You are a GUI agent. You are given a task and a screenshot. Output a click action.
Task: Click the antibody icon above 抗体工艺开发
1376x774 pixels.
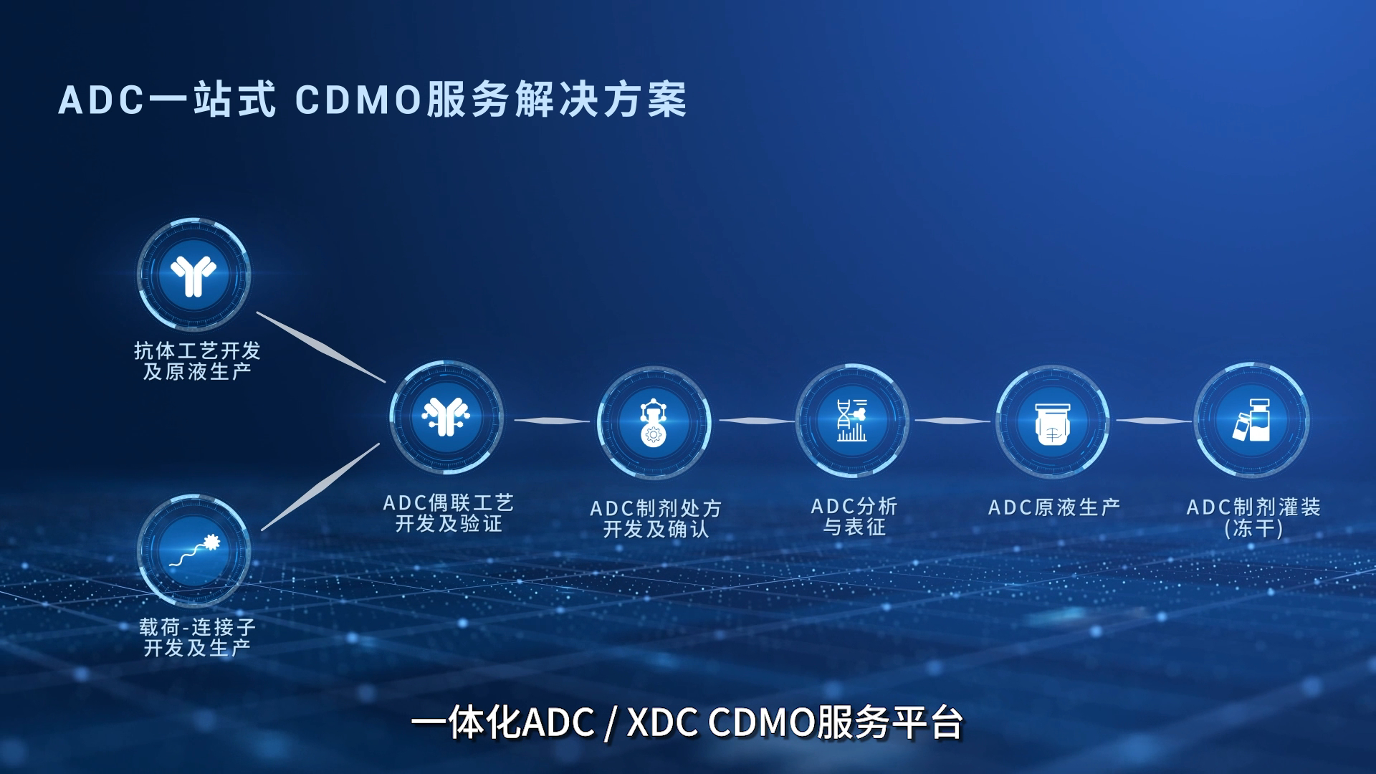193,275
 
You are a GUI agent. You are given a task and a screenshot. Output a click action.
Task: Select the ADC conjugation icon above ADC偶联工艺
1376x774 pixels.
446,417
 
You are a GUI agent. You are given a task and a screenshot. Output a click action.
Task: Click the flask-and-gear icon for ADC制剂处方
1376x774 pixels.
653,423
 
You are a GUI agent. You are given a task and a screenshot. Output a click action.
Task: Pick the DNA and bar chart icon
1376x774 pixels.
852,421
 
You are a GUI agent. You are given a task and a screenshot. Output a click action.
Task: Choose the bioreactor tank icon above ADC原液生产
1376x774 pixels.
1052,422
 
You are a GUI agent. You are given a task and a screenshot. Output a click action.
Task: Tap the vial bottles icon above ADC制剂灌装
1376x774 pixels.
1251,421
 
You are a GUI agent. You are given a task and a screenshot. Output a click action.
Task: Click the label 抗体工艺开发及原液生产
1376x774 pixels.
197,361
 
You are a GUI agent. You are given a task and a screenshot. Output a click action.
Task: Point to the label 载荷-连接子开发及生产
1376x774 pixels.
197,638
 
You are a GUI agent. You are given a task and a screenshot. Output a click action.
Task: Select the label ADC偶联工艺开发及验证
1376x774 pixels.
449,513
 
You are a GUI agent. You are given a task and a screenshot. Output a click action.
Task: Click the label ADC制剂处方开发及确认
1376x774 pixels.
656,519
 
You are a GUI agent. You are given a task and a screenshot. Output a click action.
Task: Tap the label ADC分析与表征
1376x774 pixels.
854,517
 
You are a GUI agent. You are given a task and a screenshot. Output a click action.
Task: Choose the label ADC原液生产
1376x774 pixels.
1054,507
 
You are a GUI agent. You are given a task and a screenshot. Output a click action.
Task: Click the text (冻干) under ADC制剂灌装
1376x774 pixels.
1253,529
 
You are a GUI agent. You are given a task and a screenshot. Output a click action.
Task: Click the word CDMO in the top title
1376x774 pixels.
358,100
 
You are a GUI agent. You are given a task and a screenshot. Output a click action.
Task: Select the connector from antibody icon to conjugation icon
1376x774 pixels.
320,347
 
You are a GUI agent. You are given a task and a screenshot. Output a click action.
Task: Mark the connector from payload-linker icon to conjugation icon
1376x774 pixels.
320,487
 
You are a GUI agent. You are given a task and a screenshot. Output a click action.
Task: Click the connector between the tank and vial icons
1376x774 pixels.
1152,421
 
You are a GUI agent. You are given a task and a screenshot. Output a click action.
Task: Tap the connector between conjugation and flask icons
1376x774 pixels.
550,421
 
